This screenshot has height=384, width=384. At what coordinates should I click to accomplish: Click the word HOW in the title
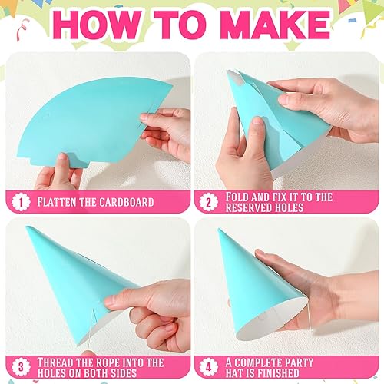pos(98,25)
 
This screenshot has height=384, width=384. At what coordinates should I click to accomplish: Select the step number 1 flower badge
pos(21,202)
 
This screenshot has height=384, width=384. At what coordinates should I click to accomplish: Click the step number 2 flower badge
pos(209,202)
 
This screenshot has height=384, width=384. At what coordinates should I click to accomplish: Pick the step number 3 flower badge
pos(21,367)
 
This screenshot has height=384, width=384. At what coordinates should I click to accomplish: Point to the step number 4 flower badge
pos(209,367)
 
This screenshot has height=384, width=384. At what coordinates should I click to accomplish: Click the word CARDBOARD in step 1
pos(127,202)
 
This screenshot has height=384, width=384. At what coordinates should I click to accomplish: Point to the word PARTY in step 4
pos(297,362)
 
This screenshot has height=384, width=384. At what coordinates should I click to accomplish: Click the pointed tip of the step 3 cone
pos(27,227)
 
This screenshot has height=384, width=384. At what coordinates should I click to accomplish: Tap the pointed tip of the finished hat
pos(219,230)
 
